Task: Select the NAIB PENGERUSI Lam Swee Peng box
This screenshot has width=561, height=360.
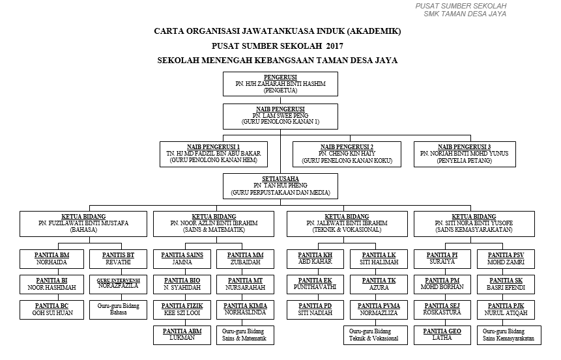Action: coord(281,116)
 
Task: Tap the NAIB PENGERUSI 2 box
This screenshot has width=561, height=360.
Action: coord(347,153)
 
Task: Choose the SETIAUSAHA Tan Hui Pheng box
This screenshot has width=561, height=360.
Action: coord(281,186)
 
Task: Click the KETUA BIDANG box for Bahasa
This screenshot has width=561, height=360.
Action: coord(83,223)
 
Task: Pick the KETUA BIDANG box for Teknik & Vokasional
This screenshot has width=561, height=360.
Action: coord(347,223)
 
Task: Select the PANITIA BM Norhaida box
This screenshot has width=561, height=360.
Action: coord(51,258)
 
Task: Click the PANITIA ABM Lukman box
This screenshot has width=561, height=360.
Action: coord(182,335)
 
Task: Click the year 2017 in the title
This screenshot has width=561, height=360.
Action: coord(334,46)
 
